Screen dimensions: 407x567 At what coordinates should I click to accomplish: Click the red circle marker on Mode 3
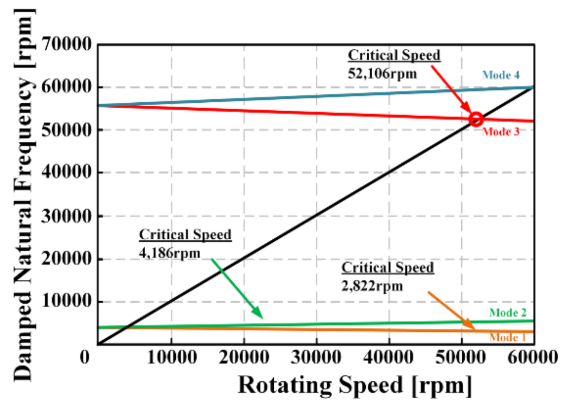tap(476, 119)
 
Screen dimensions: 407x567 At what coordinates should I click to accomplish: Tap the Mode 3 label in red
tap(501, 131)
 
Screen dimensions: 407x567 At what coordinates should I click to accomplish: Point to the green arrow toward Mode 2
tap(237, 288)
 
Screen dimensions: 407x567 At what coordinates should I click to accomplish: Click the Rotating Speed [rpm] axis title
tap(355, 385)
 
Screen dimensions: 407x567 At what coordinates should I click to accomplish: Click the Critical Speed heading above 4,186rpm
tap(185, 234)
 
